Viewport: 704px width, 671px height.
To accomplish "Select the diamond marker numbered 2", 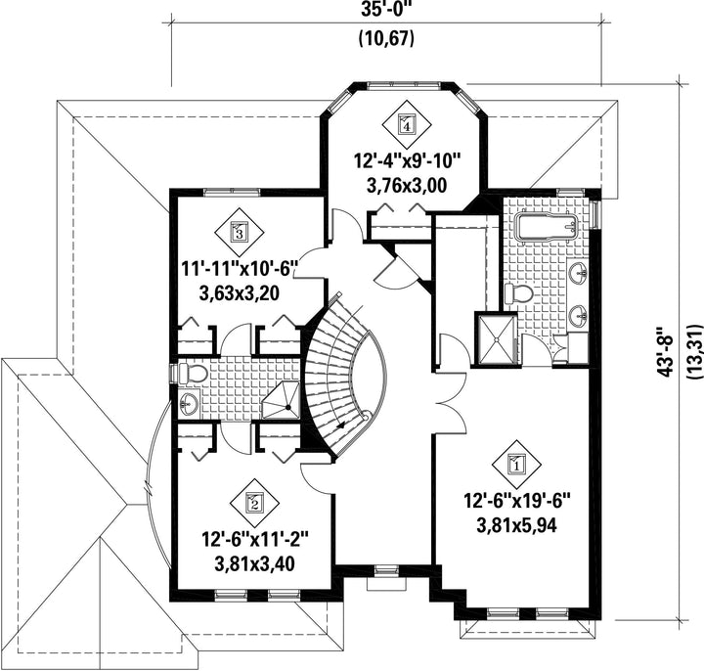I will click(253, 503).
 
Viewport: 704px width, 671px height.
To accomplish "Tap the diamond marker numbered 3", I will click(238, 232).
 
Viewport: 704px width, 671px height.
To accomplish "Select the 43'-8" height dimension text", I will click(667, 352).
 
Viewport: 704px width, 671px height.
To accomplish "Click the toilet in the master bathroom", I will click(518, 293).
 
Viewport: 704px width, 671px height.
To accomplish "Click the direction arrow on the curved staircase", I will click(339, 425).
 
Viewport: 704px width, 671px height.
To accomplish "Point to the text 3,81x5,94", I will click(516, 525).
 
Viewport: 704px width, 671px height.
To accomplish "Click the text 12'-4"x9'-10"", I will click(407, 159).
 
